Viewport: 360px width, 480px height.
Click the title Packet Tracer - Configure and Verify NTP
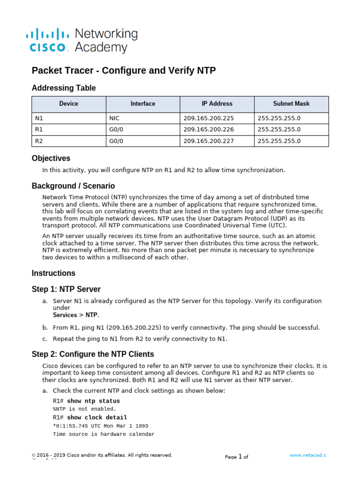(x=124, y=71)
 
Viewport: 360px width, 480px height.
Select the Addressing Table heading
(x=64, y=88)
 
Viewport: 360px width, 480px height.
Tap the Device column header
(x=69, y=104)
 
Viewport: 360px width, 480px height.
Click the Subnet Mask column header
(x=291, y=104)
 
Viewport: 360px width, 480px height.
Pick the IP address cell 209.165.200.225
(x=209, y=118)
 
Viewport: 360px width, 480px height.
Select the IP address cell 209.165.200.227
(x=209, y=141)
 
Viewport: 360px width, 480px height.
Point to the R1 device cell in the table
(x=39, y=129)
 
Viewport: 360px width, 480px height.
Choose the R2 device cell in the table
(x=39, y=141)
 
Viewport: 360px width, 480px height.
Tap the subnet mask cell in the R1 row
(x=279, y=129)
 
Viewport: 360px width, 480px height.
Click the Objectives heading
(x=51, y=158)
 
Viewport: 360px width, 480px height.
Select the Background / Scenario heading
(x=73, y=186)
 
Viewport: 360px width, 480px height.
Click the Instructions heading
(x=53, y=273)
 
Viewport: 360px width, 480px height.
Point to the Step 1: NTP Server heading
(x=66, y=289)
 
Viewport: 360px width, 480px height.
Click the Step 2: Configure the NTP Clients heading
(x=93, y=354)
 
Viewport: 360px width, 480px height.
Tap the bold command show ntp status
(x=93, y=401)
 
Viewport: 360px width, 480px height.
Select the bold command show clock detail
(x=97, y=418)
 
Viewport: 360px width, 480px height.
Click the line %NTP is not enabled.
(x=84, y=409)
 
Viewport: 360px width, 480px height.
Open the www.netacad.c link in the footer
(x=307, y=455)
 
